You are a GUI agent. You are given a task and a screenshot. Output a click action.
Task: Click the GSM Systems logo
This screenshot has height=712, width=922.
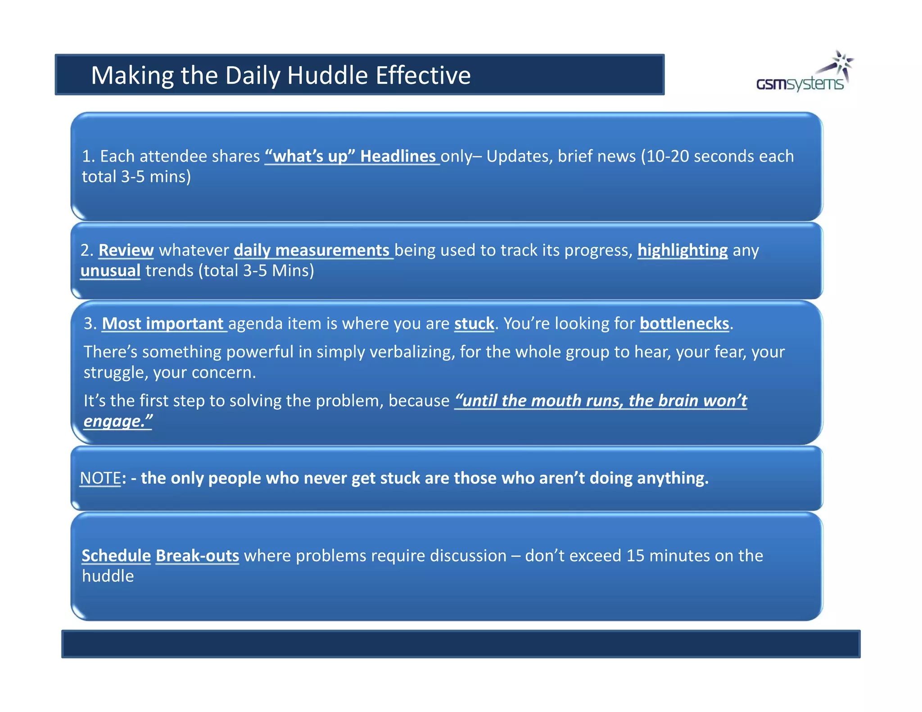804,74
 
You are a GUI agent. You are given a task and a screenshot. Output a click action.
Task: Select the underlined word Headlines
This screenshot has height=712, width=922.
398,156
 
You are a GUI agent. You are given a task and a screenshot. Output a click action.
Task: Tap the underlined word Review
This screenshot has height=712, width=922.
126,250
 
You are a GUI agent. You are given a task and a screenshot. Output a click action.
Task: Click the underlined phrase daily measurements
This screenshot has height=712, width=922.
312,250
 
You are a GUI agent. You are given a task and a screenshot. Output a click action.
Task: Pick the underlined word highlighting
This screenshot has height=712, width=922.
682,250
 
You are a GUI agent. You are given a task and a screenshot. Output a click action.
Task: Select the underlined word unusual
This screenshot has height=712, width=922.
110,270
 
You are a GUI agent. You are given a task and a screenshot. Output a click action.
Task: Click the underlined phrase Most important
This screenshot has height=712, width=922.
163,324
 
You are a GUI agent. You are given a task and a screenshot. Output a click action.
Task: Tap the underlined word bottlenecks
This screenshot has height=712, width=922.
684,324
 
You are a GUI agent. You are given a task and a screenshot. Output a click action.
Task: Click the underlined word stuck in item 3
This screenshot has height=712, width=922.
474,324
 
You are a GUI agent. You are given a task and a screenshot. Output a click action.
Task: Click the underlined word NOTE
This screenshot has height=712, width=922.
100,478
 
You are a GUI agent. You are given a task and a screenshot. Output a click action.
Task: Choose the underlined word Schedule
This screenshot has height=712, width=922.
116,556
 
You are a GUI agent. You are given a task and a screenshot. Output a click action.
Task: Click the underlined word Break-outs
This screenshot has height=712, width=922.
197,556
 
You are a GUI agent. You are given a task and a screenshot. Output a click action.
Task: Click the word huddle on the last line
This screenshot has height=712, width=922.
108,576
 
